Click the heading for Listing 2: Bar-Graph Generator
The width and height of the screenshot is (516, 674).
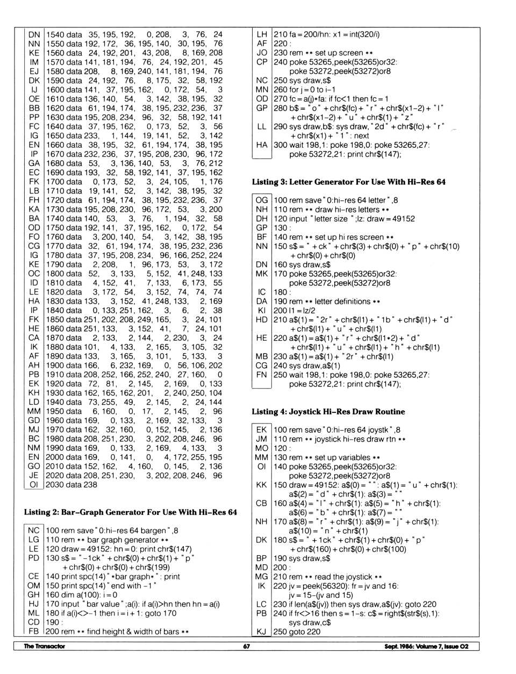click(130, 512)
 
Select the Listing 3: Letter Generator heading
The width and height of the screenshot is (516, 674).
click(348, 182)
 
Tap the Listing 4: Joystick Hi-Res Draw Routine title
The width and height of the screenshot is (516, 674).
click(328, 412)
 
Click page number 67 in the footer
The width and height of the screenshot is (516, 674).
click(246, 647)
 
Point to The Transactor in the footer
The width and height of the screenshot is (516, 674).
click(44, 647)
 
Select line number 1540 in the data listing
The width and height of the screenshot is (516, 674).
click(55, 34)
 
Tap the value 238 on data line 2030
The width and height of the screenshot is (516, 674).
click(90, 485)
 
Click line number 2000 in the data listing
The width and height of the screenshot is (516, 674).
click(55, 457)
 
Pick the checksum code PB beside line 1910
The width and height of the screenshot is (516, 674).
click(34, 375)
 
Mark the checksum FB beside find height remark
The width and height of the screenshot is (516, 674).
click(34, 632)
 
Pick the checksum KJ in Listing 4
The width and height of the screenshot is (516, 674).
click(262, 632)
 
